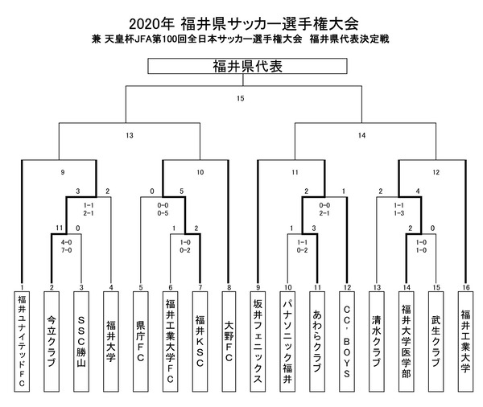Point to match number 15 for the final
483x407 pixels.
(241, 99)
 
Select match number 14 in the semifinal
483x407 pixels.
(361, 136)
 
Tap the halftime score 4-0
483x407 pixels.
(67, 240)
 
